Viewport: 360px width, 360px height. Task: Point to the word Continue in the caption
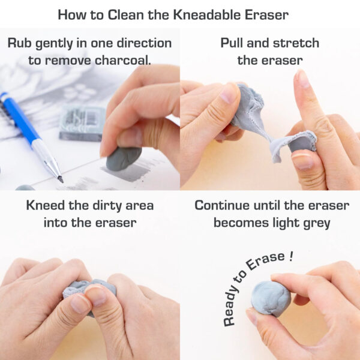pyautogui.click(x=224, y=206)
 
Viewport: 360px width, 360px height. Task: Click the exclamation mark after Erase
pyautogui.click(x=291, y=256)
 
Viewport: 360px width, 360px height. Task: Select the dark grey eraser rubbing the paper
pyautogui.click(x=123, y=159)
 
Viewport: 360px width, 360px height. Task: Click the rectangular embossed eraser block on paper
pyautogui.click(x=82, y=123)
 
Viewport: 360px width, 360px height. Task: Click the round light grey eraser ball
pyautogui.click(x=270, y=298)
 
